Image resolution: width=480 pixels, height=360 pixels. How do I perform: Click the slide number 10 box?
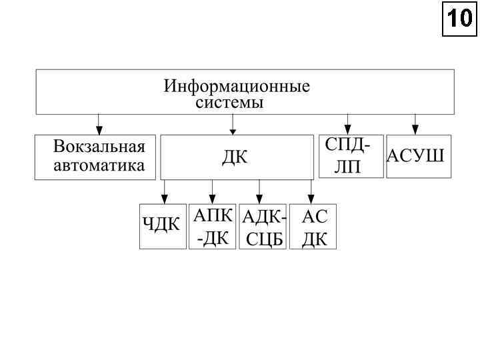point(460,21)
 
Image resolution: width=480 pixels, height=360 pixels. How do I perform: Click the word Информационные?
point(237,87)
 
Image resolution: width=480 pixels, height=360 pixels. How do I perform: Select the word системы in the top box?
point(229,103)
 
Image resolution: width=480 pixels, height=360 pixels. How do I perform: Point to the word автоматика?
point(99,165)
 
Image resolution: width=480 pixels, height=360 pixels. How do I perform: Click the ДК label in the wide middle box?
point(235,158)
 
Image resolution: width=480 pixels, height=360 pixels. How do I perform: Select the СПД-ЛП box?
point(351,157)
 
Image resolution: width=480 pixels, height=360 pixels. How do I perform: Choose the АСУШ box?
point(418,157)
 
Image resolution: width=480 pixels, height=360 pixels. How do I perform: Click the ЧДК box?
point(162,226)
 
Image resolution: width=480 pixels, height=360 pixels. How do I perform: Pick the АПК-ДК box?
point(213,227)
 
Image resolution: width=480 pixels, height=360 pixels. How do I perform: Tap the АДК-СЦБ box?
point(263,227)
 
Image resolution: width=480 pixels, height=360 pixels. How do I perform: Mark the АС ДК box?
point(313,227)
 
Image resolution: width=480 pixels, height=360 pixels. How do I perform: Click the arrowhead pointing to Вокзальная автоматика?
point(99,129)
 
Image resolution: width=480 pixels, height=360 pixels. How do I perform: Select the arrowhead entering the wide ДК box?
point(233,129)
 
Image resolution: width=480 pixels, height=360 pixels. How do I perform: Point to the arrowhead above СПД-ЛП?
point(348,129)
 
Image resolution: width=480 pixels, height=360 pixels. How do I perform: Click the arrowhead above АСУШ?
point(415,129)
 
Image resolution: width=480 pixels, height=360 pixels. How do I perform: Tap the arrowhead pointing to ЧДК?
point(164,198)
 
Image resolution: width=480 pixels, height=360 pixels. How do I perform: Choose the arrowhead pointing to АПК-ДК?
point(212,198)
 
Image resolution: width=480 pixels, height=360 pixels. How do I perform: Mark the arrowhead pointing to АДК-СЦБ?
point(260,198)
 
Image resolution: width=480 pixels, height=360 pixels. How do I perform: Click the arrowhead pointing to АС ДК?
point(311,198)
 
